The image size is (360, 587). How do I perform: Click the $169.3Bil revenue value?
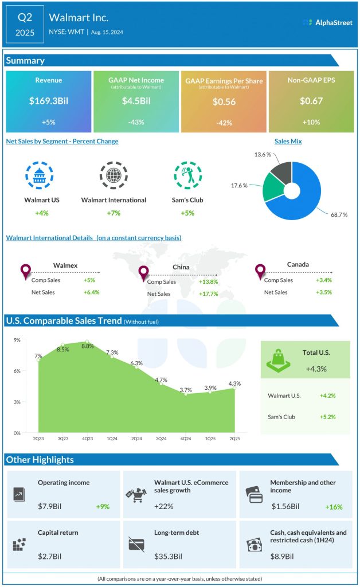(48, 101)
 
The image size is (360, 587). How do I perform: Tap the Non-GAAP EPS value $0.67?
(311, 101)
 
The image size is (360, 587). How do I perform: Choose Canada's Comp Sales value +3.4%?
(323, 280)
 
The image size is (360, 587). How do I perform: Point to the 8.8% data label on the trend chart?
(87, 345)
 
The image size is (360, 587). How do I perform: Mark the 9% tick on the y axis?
(17, 340)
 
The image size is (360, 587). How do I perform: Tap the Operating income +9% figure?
(103, 507)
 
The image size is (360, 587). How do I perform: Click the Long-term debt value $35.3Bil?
(169, 556)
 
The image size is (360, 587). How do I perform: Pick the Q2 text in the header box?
(26, 17)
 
